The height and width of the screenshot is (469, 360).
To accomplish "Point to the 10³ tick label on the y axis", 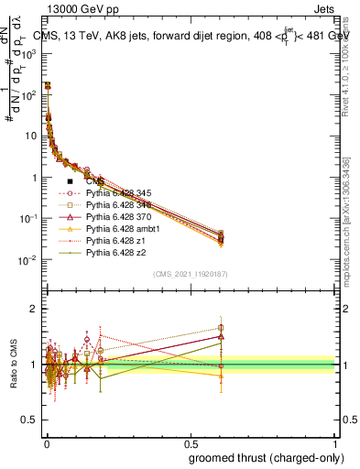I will coord(27,54).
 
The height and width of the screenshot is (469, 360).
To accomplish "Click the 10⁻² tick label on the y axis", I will coord(27,260).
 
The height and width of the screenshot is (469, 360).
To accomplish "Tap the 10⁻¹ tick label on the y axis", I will coord(27,219).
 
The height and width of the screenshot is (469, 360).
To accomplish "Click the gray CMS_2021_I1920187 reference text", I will coord(190,274).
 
